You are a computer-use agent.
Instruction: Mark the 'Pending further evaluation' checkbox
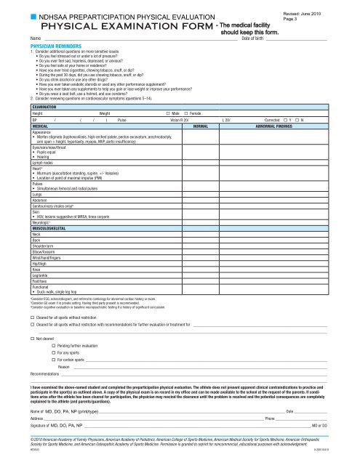click(52, 346)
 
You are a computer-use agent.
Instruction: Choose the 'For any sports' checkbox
click(52, 352)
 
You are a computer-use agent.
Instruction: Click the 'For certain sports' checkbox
click(52, 360)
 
